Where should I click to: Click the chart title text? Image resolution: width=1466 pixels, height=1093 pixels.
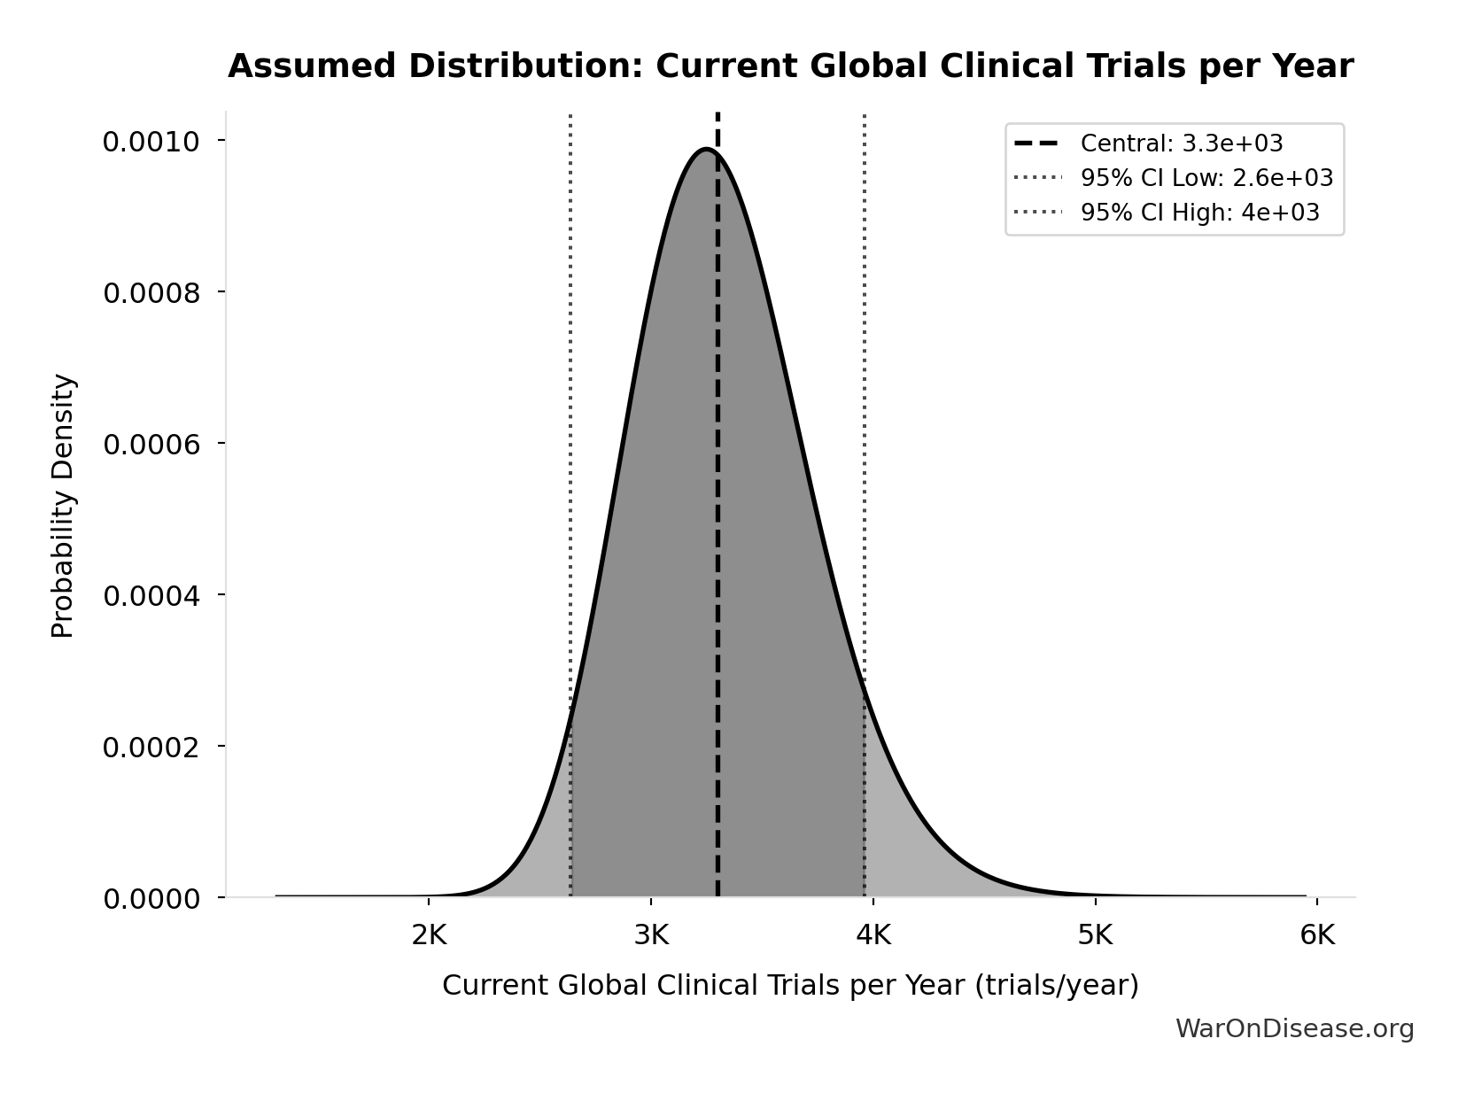coord(790,67)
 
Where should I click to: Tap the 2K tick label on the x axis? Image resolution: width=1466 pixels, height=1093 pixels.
coord(429,935)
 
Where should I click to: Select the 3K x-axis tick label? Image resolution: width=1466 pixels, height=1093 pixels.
coord(651,935)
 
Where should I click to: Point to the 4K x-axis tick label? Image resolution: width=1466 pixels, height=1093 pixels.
coord(873,935)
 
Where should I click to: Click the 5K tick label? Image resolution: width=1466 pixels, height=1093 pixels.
coord(1095,935)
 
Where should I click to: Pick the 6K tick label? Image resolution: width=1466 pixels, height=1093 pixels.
coord(1317,935)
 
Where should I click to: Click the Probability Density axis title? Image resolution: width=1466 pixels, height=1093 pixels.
coord(63,506)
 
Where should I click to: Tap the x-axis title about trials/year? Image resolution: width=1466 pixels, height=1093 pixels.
coord(790,986)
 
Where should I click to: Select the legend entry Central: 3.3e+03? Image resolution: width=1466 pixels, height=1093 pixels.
coord(1181,143)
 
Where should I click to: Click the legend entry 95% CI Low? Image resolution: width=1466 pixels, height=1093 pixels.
coord(1206,178)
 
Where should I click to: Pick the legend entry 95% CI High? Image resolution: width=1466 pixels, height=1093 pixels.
coord(1199,213)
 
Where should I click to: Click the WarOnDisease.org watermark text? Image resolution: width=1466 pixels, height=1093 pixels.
coord(1294,1029)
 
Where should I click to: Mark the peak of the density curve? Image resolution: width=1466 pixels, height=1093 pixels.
coord(706,149)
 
